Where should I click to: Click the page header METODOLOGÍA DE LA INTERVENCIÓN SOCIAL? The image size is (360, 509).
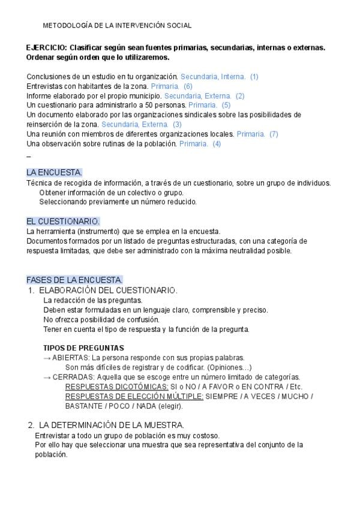point(118,26)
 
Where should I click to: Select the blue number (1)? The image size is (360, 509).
point(254,77)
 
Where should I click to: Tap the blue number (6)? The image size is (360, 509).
point(188,86)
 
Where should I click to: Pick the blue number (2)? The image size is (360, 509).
point(240,96)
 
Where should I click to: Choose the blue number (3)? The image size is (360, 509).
point(177,125)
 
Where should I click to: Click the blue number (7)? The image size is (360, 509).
point(274,134)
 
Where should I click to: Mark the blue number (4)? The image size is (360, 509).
point(217,144)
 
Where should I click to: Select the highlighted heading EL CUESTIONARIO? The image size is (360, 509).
point(63,221)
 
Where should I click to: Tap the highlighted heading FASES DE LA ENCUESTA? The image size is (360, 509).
point(74,280)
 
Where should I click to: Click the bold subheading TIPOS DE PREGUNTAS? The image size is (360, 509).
point(83,348)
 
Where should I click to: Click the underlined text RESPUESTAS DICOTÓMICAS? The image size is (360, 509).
point(116,387)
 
